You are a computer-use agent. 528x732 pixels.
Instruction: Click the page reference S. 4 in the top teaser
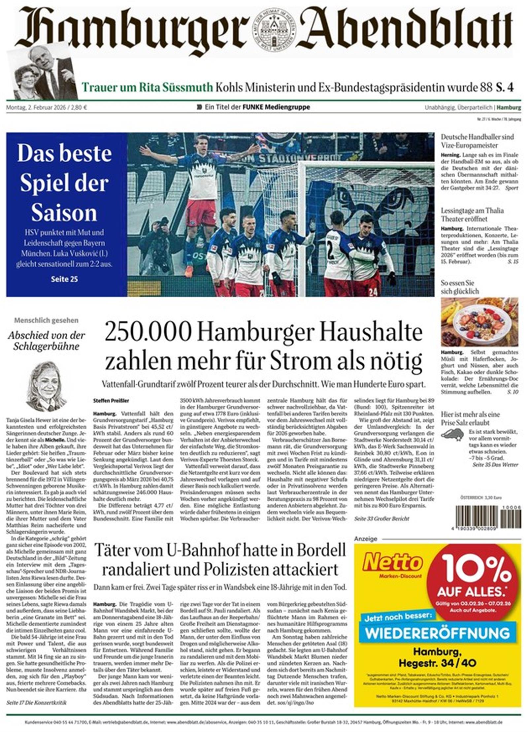point(505,87)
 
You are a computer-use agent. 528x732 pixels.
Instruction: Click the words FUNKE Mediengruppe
point(276,107)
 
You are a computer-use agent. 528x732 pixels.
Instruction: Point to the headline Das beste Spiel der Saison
point(64,183)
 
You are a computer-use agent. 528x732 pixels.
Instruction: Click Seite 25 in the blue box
point(64,279)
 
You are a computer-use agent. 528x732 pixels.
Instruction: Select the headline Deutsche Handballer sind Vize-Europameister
point(477,141)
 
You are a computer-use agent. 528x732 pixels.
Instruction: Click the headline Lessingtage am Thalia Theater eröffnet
point(472,215)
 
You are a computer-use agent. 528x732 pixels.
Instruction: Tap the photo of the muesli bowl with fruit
point(479,322)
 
